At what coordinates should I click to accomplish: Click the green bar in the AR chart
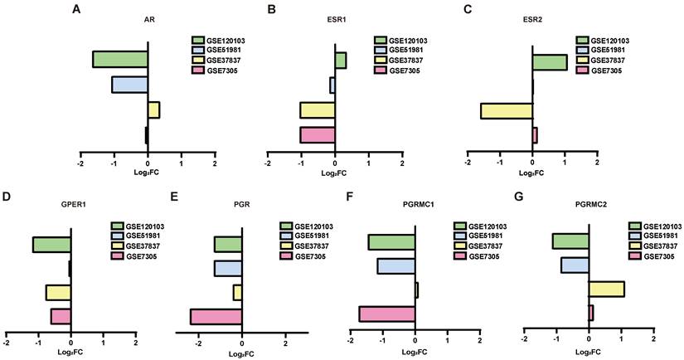[120, 59]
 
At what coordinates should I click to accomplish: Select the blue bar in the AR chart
[129, 85]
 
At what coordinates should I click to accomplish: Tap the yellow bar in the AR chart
[153, 109]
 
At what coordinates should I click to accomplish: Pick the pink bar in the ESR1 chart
[318, 135]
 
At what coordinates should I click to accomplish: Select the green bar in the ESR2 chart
[550, 62]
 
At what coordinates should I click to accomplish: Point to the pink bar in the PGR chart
[216, 316]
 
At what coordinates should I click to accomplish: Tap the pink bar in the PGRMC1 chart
[387, 314]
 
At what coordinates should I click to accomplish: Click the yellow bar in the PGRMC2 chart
[606, 289]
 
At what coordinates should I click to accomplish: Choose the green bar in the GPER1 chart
[52, 245]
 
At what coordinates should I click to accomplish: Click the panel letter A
[76, 9]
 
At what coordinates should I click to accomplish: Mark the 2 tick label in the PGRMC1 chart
[480, 340]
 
